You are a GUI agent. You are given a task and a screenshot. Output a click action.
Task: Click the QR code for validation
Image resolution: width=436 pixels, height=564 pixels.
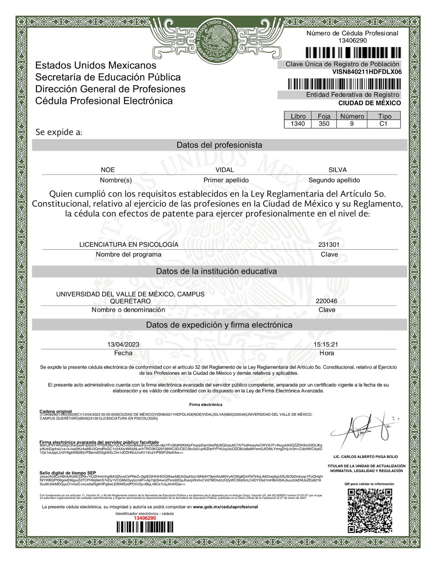(x=370, y=511)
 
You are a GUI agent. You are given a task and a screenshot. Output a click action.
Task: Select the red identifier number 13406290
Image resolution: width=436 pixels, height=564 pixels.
(x=145, y=518)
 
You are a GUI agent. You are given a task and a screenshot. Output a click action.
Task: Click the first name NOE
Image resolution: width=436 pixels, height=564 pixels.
(x=108, y=170)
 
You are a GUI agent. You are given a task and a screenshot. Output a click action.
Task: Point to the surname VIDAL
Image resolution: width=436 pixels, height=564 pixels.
(x=225, y=170)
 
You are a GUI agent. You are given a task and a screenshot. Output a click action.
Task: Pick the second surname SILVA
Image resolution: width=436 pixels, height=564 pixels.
(x=338, y=170)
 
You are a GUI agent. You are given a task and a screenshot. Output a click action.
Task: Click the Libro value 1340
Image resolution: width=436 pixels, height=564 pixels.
(x=298, y=124)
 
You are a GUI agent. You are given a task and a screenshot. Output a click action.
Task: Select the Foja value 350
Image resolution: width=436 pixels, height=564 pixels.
(x=324, y=124)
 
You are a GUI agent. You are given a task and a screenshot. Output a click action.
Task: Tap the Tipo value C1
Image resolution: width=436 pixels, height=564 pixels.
(x=384, y=124)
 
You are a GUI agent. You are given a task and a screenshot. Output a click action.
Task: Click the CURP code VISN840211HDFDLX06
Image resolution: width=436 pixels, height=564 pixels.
(x=367, y=72)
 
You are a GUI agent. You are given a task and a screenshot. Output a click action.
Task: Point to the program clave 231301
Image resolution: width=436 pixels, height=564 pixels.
(x=329, y=244)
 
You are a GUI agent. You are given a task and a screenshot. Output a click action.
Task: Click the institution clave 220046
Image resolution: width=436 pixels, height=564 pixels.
(x=326, y=301)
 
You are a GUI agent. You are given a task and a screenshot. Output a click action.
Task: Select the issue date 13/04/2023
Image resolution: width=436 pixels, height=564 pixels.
(x=123, y=344)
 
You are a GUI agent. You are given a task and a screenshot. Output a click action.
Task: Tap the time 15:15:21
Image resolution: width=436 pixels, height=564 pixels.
(x=326, y=344)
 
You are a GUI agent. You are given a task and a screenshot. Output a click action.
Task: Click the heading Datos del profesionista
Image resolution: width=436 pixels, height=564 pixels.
(x=219, y=145)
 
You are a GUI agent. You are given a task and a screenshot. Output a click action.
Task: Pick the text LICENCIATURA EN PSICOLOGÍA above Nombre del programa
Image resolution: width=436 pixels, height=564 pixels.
(x=129, y=244)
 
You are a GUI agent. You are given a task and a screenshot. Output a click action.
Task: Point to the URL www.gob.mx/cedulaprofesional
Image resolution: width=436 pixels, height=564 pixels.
(x=225, y=507)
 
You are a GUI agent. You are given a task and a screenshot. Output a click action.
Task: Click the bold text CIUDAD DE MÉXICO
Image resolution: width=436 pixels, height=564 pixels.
(x=370, y=103)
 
